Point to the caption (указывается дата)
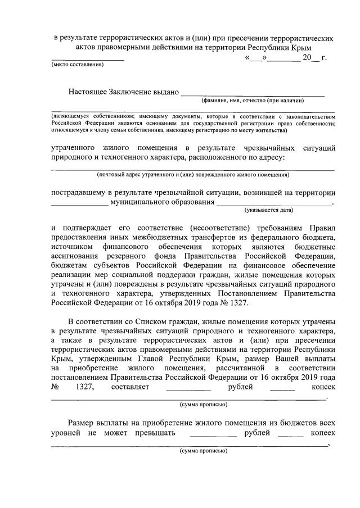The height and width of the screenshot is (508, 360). pos(269,209)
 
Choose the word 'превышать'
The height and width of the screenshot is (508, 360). pos(155,434)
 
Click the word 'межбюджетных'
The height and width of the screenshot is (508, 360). pos(170,237)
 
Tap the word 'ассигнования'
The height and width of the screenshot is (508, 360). pos(77,256)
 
